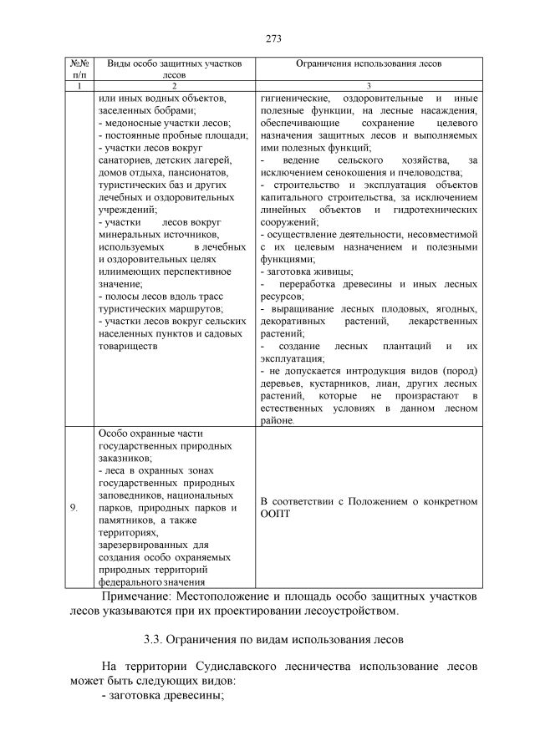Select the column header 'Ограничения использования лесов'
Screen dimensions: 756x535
tap(369, 63)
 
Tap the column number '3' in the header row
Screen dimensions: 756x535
tap(369, 85)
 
